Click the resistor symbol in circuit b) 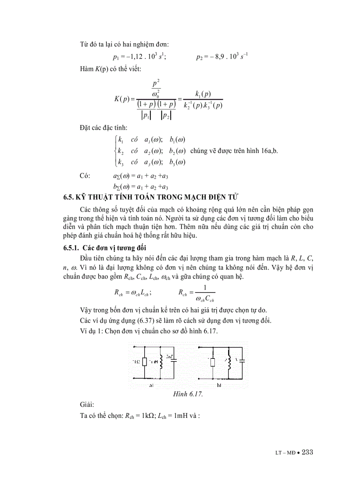(x=213, y=362)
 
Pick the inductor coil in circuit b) (x=229, y=362)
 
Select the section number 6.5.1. (x=72, y=248)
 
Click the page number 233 (x=305, y=453)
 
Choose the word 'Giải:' (x=86, y=404)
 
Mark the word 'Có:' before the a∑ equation (x=85, y=176)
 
